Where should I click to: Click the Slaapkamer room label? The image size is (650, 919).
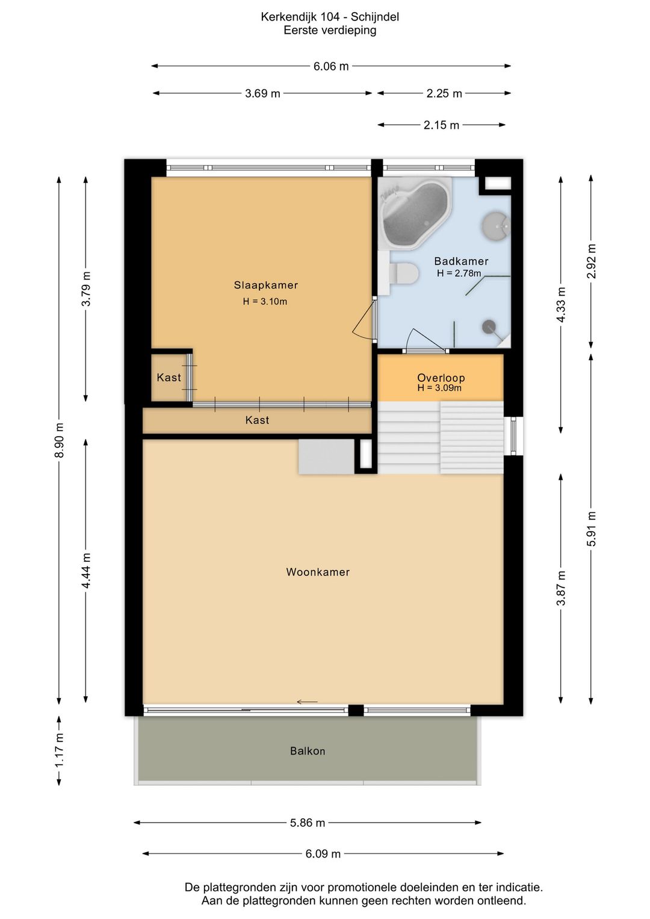point(266,285)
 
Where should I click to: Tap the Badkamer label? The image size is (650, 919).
point(461,261)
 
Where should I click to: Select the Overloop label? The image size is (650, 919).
point(441,378)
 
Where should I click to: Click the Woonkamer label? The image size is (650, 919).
point(318,572)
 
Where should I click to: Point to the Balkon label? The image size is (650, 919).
point(308,751)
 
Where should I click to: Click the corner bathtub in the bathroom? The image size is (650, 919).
point(415,213)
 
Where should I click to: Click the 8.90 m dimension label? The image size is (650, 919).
point(59,440)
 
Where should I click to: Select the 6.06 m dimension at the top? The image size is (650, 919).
point(331,66)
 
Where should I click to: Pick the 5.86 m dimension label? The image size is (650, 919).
point(308,823)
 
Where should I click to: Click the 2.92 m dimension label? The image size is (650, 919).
point(591,261)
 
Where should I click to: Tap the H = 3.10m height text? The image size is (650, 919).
point(265,302)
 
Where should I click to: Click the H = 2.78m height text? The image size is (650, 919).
point(459,273)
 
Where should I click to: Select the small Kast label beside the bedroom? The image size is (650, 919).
point(169,378)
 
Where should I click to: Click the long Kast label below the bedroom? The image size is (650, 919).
point(257,420)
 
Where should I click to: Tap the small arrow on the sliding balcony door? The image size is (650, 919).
point(307,702)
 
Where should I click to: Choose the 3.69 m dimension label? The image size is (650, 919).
point(262,93)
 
